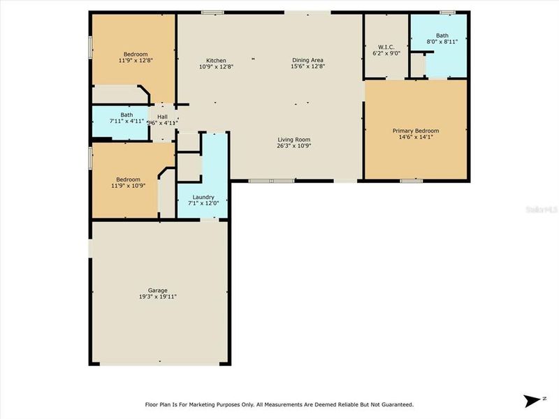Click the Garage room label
point(157,290)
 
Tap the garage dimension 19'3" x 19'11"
point(157,297)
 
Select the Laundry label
point(203,197)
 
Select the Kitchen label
point(216,60)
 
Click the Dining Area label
point(308,60)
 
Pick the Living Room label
point(293,139)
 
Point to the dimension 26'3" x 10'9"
point(293,146)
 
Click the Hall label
point(162,117)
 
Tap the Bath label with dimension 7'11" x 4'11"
point(126,115)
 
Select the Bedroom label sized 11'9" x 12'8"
point(136,54)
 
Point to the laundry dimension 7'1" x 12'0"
point(203,204)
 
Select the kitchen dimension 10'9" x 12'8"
point(216,67)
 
